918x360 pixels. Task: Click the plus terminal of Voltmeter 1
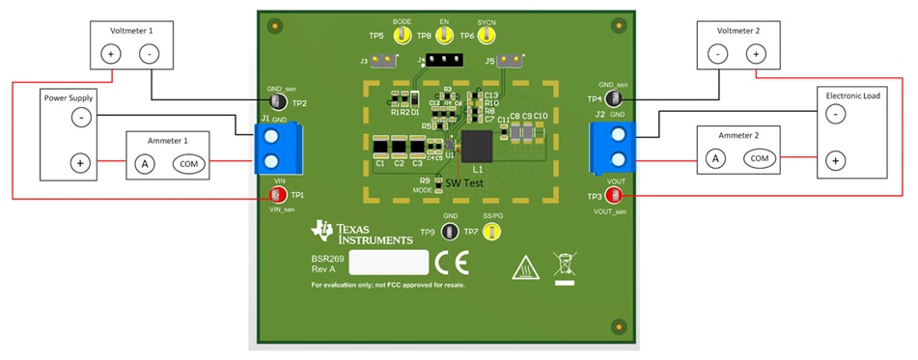[110, 53]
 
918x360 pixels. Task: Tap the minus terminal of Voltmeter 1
[150, 53]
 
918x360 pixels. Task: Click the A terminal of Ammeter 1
[145, 164]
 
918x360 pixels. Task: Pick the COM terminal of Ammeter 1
[189, 164]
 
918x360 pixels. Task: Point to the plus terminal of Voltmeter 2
[757, 53]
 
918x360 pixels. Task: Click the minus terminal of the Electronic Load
[836, 114]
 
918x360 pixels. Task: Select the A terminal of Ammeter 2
[714, 157]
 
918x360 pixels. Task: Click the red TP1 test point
[278, 195]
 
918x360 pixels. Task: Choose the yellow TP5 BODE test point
[403, 37]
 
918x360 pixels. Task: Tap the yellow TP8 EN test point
[444, 37]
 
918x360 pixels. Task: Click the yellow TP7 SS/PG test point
[492, 232]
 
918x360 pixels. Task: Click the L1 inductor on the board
[478, 148]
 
